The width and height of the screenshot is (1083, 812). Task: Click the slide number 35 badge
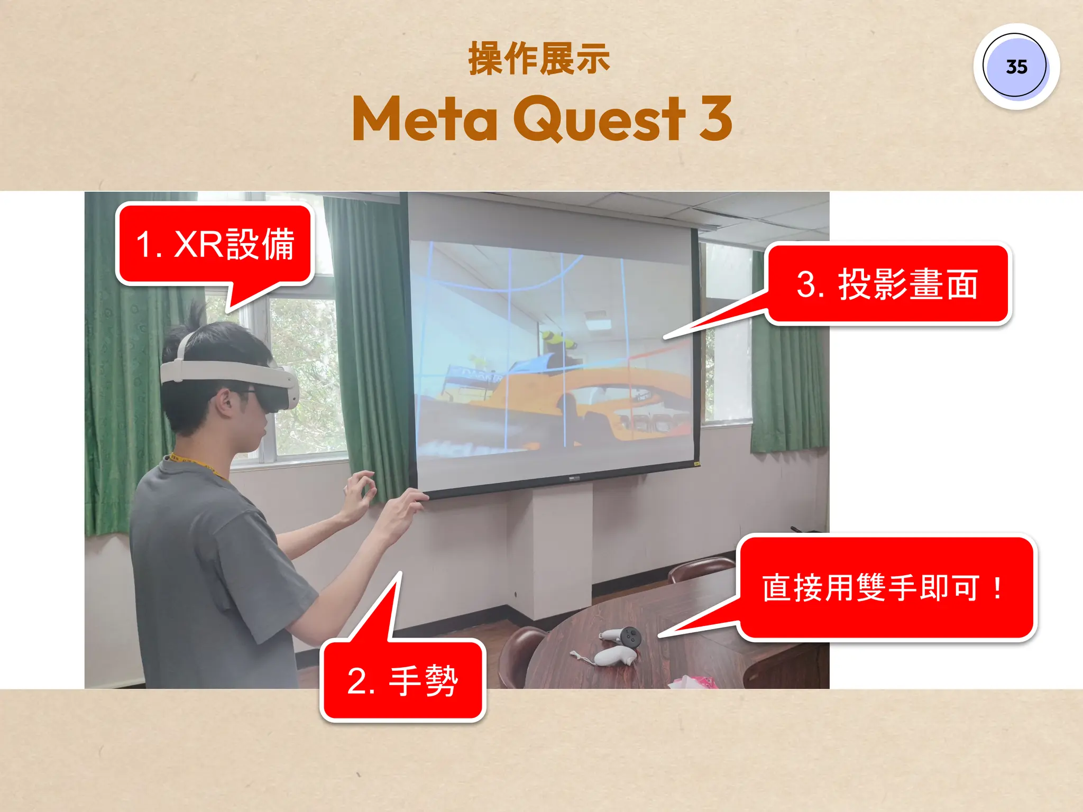(x=1016, y=67)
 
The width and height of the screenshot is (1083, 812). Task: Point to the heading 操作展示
(x=539, y=59)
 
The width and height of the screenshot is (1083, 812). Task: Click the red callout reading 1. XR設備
(x=215, y=244)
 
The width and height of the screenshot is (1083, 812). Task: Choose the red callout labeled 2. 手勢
(x=403, y=680)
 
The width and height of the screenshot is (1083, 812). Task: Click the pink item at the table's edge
(x=693, y=681)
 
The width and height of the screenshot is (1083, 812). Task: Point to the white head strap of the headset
(x=222, y=370)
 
